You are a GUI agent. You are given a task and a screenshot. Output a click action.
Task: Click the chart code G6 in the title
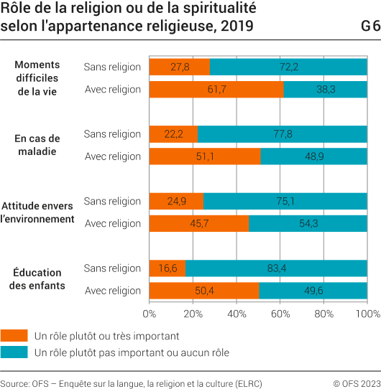[370, 27]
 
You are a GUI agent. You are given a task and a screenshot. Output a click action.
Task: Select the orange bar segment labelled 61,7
[216, 90]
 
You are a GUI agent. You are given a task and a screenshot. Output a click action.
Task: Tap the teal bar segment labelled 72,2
[288, 67]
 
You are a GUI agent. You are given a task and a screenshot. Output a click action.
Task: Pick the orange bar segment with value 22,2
[173, 134]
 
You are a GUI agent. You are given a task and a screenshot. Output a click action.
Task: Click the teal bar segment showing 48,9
[313, 156]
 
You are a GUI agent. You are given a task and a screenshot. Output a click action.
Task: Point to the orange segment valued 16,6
[167, 268]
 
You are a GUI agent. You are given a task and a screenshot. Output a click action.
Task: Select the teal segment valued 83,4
[276, 268]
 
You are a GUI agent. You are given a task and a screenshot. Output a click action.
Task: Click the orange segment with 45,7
[199, 223]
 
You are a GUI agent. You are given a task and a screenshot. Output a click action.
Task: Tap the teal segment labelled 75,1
[285, 201]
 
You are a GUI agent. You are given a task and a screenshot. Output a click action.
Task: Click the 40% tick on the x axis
[237, 314]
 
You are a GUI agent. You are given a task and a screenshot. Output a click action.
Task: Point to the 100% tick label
[367, 314]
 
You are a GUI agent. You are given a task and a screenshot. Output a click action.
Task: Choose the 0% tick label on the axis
[150, 314]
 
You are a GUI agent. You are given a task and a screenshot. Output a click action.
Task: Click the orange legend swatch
[14, 335]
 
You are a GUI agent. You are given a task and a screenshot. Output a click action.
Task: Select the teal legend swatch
[14, 352]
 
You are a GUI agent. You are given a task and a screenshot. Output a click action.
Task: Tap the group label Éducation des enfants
[37, 279]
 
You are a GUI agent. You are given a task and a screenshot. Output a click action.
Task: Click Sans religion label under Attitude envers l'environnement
[112, 201]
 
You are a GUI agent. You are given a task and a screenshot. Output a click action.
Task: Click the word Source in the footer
[14, 383]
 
